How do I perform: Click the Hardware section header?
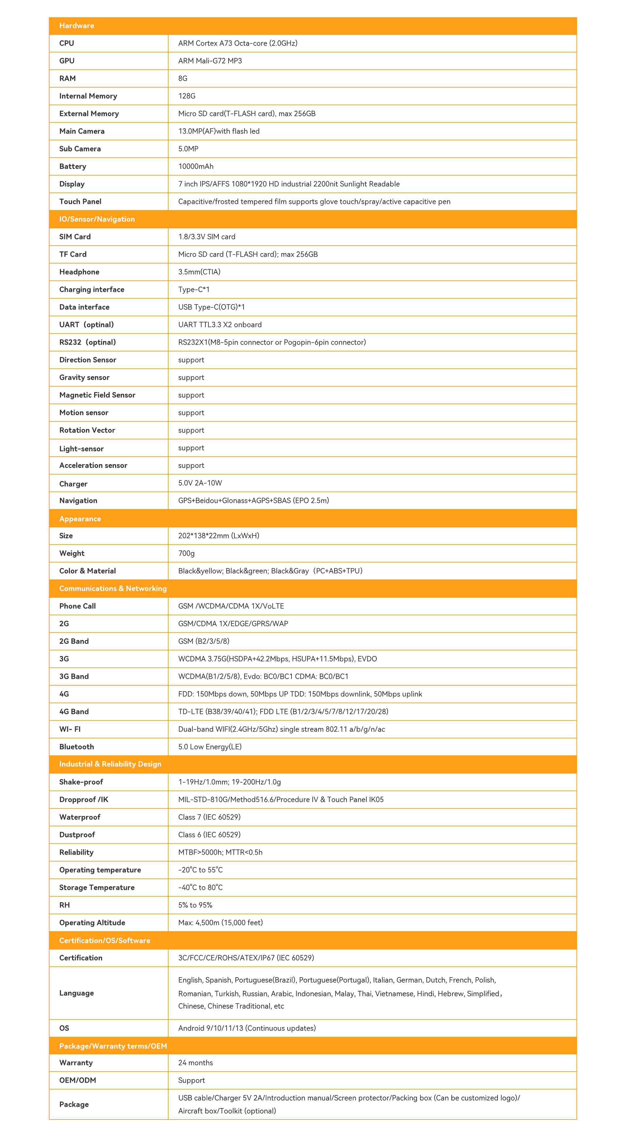click(x=77, y=26)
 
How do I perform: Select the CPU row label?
click(x=67, y=43)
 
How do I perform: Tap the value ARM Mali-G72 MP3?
click(x=210, y=61)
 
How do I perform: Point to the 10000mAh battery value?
click(x=196, y=166)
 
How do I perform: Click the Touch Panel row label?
click(x=80, y=202)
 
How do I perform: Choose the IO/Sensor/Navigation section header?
click(x=97, y=219)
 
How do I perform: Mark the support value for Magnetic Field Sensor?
click(x=191, y=395)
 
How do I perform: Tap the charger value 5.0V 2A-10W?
click(x=200, y=483)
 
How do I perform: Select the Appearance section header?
click(x=80, y=519)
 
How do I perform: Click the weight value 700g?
click(x=186, y=553)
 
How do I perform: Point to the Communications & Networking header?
click(x=113, y=589)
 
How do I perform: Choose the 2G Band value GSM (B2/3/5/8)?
click(x=203, y=641)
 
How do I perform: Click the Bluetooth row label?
click(x=77, y=747)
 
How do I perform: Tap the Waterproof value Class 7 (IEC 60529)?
click(x=209, y=818)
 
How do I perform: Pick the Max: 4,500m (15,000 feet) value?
click(x=220, y=923)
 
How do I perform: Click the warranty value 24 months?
click(x=195, y=1063)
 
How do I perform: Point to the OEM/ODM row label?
click(x=78, y=1081)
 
